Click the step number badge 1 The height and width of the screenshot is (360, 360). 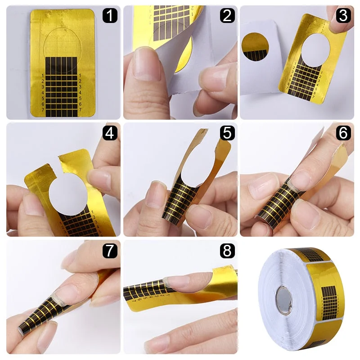coord(110,16)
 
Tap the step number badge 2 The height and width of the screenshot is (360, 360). coord(227,16)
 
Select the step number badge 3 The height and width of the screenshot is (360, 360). coord(343,16)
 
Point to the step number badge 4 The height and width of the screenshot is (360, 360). coord(110,133)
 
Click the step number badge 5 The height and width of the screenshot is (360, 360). coord(227,133)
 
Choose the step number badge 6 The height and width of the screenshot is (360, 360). coord(343,133)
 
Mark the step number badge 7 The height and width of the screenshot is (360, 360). coord(110,250)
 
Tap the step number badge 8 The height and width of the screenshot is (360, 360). coord(227,250)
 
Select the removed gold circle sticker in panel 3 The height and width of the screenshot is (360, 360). coord(255,48)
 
